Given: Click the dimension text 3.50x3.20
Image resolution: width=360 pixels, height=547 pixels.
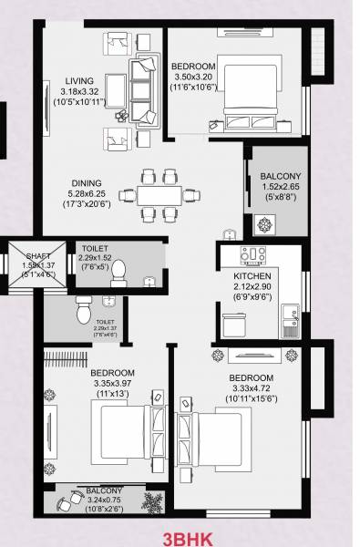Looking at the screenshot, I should click(192, 78).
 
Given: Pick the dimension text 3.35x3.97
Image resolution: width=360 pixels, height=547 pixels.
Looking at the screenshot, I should click(112, 384).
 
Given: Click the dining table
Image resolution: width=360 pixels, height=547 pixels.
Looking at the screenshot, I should click(161, 194).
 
